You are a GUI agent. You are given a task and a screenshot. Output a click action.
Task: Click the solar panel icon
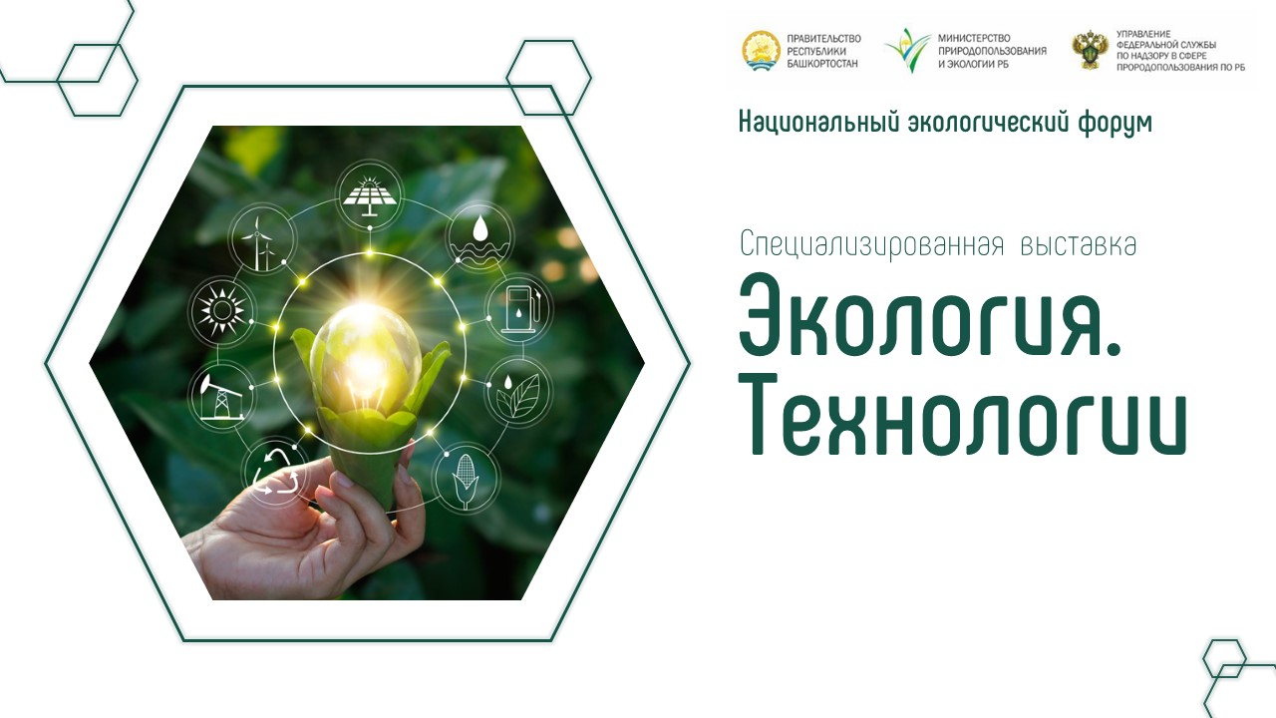click(x=369, y=193)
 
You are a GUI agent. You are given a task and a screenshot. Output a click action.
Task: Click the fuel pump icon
click(x=519, y=309)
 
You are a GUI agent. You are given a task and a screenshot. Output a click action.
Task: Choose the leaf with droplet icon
click(x=518, y=392)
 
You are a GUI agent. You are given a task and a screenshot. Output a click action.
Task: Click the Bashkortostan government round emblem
click(x=761, y=51)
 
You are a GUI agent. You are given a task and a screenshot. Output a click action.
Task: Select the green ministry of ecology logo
click(x=908, y=50)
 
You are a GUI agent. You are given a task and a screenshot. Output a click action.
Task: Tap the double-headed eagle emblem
click(x=1090, y=50)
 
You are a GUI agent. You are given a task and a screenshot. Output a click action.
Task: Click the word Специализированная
click(x=871, y=245)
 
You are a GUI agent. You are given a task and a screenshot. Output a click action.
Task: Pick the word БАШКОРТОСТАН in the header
click(x=822, y=64)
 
